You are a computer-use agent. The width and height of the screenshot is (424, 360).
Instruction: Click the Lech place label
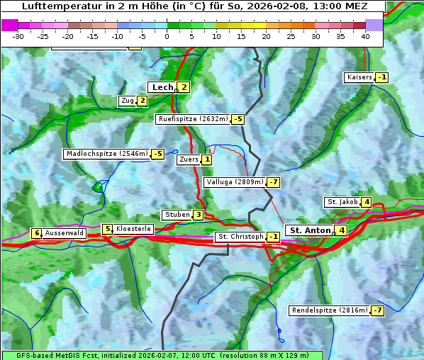click(162, 87)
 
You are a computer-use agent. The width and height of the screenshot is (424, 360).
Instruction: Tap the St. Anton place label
click(311, 230)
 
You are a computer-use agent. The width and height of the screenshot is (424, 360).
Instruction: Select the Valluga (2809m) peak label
click(235, 182)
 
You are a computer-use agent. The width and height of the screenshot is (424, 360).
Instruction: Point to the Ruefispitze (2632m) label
click(193, 119)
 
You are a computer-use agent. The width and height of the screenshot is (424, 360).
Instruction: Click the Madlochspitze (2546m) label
click(106, 154)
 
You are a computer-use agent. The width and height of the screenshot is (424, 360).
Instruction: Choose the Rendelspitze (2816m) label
click(330, 310)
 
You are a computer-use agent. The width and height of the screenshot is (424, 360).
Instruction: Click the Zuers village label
click(189, 159)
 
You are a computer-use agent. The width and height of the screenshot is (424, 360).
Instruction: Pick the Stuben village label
click(177, 215)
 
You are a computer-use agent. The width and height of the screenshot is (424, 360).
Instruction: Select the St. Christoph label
click(240, 237)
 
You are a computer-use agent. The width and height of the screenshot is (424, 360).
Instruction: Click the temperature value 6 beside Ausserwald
click(36, 233)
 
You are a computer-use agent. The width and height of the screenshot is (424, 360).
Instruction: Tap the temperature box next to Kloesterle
click(107, 229)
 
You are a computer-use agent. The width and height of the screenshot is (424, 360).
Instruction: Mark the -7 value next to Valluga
click(274, 182)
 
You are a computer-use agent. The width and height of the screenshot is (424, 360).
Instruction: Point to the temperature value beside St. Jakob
click(366, 202)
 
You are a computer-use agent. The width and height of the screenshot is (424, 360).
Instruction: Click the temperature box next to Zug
click(142, 101)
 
